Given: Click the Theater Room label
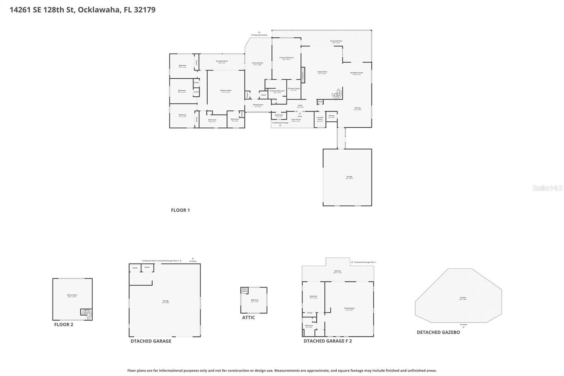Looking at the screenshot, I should (226, 91).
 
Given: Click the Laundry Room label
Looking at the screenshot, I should (320, 119).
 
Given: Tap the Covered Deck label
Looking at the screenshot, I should (257, 63).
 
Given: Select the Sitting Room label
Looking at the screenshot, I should (258, 105).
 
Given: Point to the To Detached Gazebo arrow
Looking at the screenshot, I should (259, 32).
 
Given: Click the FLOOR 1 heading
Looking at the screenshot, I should (180, 210).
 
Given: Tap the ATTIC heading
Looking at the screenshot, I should (248, 317).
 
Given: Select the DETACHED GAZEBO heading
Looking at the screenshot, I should (438, 332).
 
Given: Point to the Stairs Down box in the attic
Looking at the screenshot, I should (244, 290).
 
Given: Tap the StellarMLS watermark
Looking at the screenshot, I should (547, 188).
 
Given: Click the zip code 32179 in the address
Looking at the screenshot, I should (145, 10).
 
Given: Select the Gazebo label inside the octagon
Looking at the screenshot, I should (463, 298).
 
